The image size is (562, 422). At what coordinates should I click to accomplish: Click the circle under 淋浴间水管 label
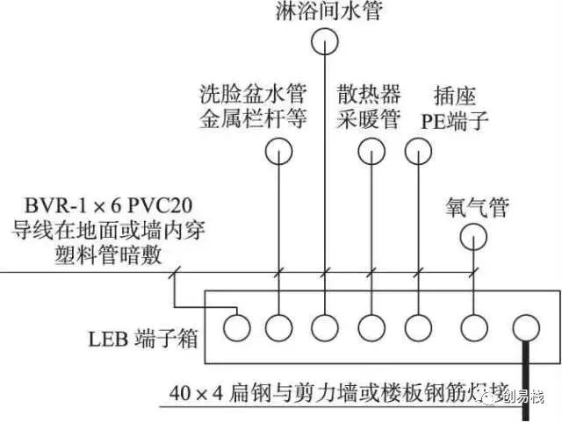click(325, 40)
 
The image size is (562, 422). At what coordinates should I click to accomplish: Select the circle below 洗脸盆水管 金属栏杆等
click(278, 152)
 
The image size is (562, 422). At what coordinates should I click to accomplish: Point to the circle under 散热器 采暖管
click(371, 152)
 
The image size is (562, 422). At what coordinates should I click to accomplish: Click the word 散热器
click(370, 93)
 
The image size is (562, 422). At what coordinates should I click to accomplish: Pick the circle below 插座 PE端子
click(419, 152)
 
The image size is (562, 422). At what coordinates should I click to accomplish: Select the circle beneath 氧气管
click(474, 235)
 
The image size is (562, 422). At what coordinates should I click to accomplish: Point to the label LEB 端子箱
click(127, 338)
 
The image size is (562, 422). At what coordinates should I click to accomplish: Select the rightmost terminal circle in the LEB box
click(525, 328)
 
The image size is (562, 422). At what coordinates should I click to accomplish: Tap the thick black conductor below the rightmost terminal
click(525, 377)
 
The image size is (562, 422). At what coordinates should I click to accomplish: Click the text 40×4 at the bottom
click(196, 390)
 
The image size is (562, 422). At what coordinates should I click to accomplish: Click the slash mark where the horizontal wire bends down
click(174, 275)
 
